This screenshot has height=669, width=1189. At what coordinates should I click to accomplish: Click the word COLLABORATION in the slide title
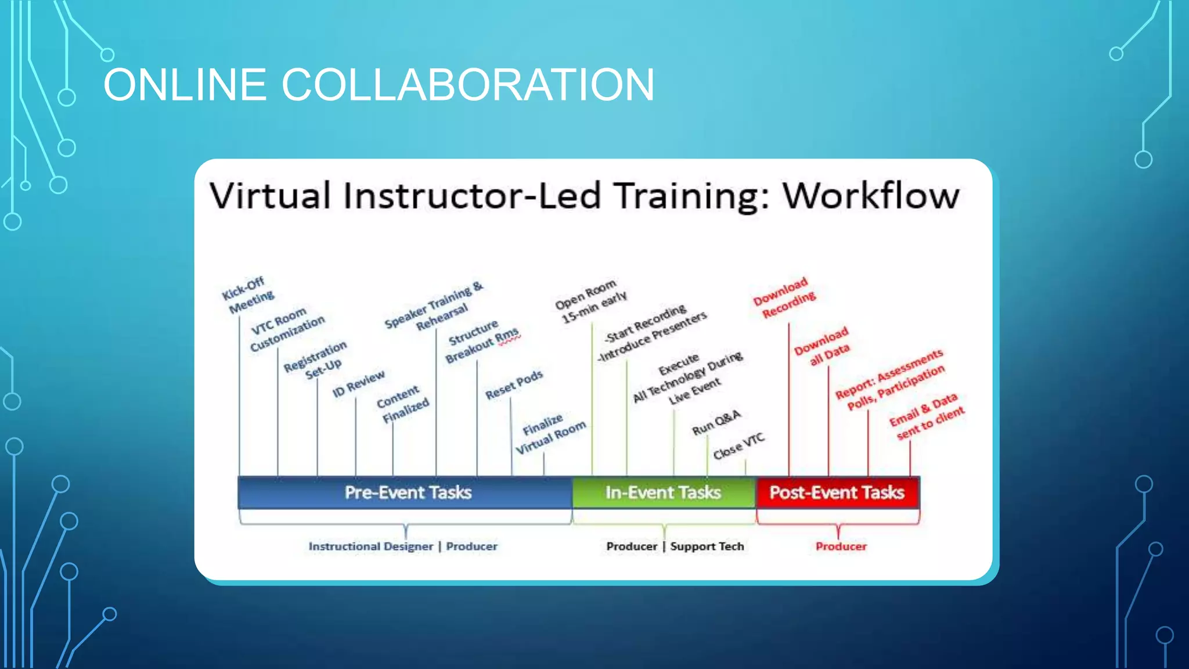467,85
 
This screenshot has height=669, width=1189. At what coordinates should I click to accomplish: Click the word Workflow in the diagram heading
871,196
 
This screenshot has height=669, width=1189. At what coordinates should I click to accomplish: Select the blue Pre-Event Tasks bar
406,492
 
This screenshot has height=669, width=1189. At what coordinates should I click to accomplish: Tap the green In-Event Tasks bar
663,492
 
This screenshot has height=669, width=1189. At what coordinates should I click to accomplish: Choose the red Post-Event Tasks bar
837,492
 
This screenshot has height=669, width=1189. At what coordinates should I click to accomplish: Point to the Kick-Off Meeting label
248,295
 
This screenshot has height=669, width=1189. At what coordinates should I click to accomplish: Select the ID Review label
358,384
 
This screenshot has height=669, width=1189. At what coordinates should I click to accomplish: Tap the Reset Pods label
514,385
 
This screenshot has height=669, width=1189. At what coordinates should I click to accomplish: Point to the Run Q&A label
716,422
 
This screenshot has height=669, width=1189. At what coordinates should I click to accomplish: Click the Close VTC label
738,447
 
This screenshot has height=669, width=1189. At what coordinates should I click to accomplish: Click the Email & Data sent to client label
926,416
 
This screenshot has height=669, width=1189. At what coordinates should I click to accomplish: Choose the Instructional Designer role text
370,546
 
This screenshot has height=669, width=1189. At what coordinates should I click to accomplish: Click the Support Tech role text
707,546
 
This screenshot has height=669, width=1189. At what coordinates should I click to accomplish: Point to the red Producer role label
841,546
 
